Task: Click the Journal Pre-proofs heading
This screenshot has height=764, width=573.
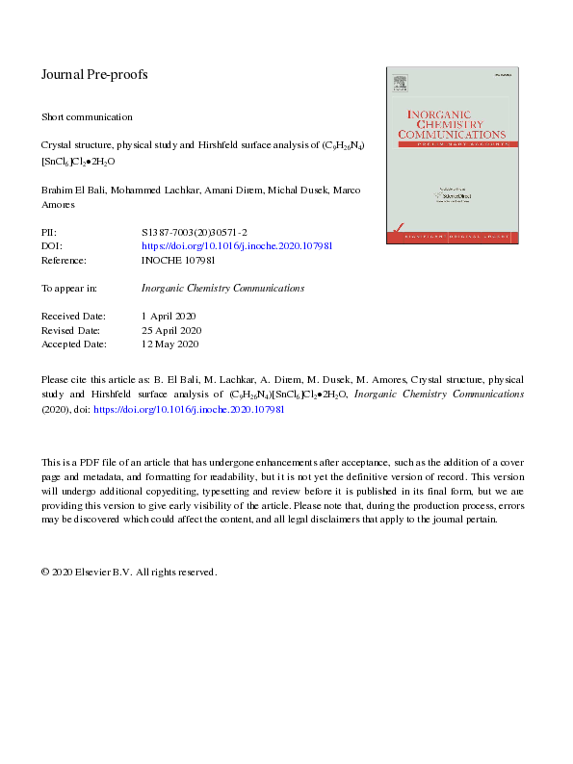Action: (94, 74)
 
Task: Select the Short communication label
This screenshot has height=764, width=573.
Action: (87, 117)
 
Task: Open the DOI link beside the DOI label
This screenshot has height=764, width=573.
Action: (237, 246)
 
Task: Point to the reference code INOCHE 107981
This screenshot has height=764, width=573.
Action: (178, 260)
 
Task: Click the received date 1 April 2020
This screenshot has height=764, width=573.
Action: (169, 316)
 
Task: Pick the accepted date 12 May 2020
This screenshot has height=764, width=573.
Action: (169, 344)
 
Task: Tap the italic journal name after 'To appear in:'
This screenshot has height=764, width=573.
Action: (222, 288)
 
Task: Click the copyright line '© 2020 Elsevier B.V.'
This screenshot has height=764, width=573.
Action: (129, 572)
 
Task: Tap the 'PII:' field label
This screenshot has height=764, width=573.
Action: (49, 233)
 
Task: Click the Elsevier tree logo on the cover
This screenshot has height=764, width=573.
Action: (400, 85)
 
